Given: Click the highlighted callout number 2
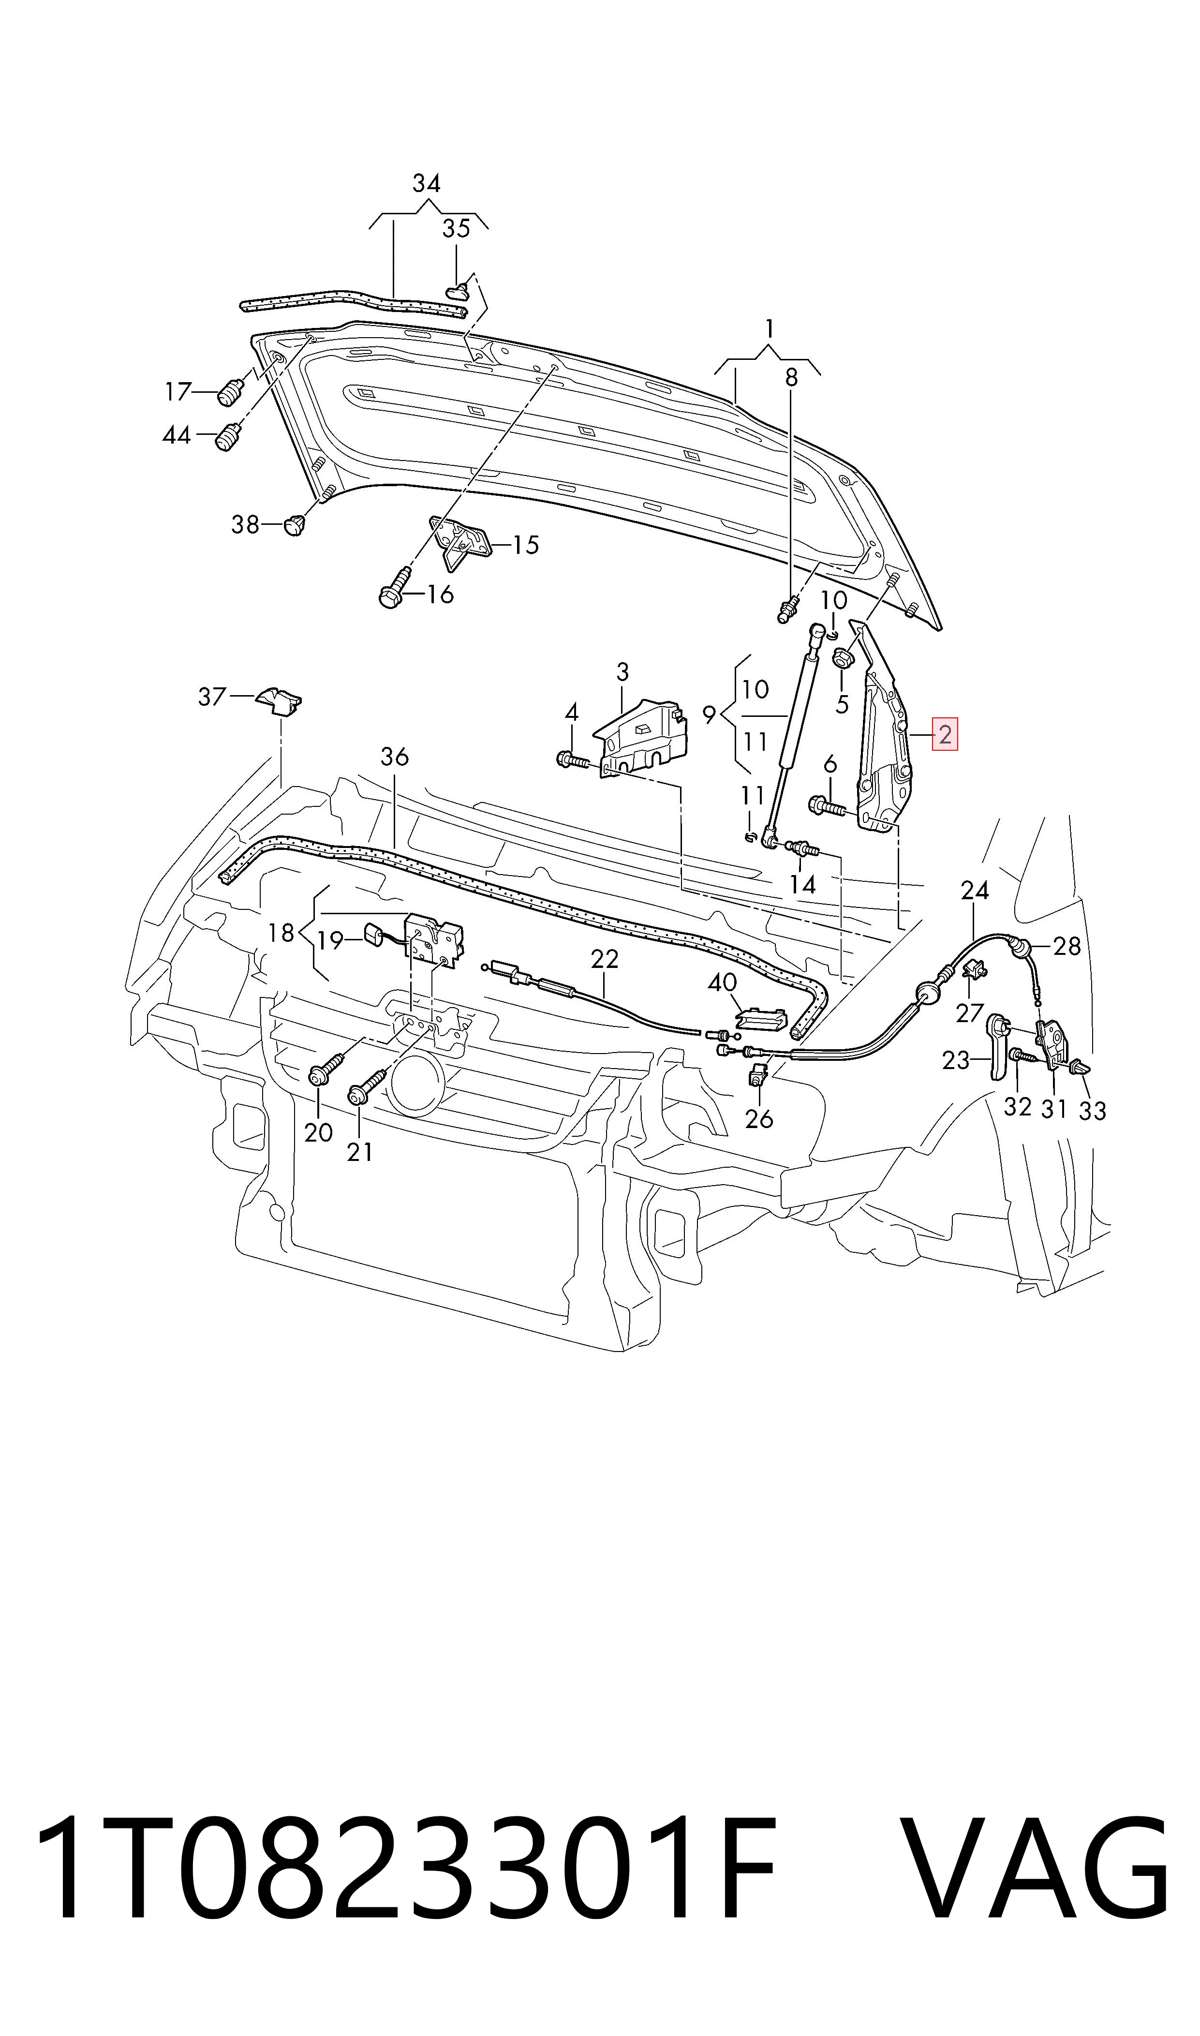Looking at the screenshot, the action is (945, 735).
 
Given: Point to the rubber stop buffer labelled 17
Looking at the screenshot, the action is (230, 394).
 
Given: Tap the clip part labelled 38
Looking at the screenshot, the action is (295, 524).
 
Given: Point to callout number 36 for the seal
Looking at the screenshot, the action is (395, 757).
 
